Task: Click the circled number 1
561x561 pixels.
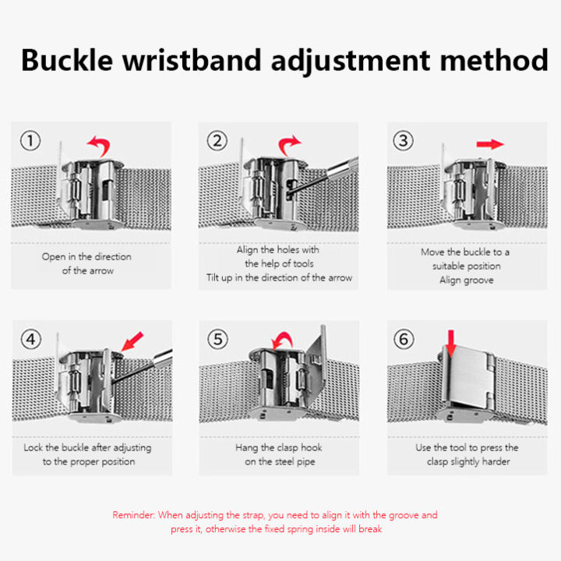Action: [x=30, y=141]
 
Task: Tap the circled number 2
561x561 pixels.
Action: [x=217, y=141]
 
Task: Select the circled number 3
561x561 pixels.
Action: [x=404, y=141]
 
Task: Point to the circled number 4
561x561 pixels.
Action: [x=30, y=340]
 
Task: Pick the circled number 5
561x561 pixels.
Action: [x=217, y=340]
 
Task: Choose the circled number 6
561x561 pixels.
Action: [x=404, y=340]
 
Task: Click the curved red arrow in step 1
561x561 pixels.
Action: [x=98, y=145]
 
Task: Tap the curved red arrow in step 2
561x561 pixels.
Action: [x=289, y=145]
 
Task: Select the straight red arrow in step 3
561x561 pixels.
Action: [x=489, y=144]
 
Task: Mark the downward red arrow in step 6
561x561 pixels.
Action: [x=451, y=343]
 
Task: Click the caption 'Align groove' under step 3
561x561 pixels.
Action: [x=466, y=280]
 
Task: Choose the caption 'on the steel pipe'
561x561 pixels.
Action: [x=278, y=462]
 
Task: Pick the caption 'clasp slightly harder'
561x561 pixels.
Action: [x=466, y=462]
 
